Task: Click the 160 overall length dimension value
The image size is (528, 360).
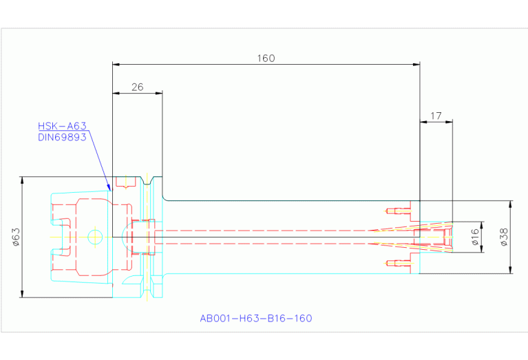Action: tap(266, 59)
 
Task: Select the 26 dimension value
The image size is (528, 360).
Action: tap(137, 87)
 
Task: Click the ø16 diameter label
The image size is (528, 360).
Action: tap(475, 237)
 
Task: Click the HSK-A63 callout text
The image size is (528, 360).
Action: tap(63, 126)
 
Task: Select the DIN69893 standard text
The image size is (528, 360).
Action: tap(63, 137)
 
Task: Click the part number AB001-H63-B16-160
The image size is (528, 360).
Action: tap(255, 319)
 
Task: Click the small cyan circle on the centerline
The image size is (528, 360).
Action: tap(95, 237)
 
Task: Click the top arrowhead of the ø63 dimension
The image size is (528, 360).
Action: tap(23, 180)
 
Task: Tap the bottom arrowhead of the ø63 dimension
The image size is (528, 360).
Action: tap(23, 294)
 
